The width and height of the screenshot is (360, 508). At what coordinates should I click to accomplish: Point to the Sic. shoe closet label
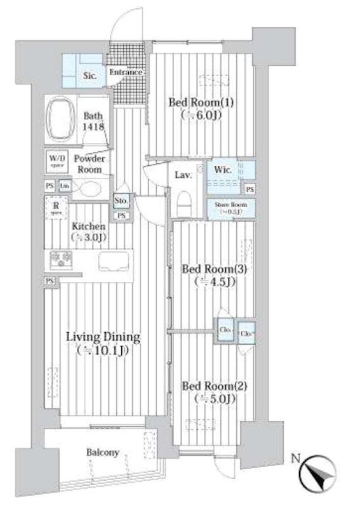(x=90, y=76)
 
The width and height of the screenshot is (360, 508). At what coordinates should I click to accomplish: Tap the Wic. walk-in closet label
(x=223, y=170)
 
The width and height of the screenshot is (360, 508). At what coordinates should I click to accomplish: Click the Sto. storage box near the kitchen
(x=122, y=201)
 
